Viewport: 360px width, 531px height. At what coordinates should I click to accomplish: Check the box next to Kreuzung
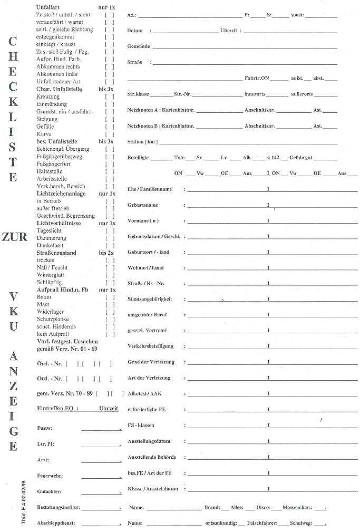[110, 97]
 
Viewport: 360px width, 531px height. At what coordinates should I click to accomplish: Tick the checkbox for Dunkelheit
[110, 245]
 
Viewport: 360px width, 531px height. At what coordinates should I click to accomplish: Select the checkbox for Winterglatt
[110, 275]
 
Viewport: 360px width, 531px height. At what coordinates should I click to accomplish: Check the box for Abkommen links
[110, 74]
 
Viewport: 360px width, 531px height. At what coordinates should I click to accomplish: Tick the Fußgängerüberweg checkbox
[110, 157]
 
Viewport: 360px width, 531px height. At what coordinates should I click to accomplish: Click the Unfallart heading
[47, 8]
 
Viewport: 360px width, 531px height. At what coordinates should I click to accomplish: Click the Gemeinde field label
[139, 46]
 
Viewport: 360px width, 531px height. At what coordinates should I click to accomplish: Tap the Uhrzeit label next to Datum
[229, 31]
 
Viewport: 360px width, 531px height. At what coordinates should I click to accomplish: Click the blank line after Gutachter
[101, 492]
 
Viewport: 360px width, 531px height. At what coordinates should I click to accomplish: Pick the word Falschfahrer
[261, 523]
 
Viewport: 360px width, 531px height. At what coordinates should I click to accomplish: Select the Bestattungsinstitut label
[58, 508]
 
